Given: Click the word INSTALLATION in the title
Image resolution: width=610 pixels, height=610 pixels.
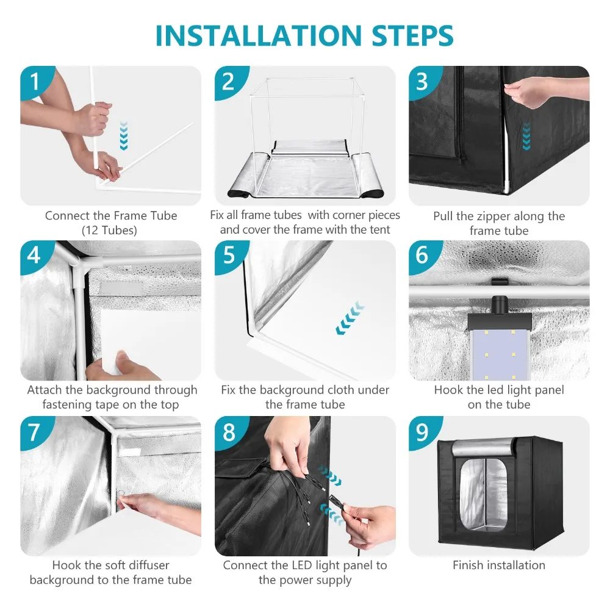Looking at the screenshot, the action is pos(259,36).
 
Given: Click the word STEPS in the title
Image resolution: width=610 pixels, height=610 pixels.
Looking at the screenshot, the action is pos(412,36).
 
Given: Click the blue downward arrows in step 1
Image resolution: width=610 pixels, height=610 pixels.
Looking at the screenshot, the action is pos(124,136).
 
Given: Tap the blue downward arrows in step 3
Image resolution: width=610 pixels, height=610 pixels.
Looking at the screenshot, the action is pos(526,136).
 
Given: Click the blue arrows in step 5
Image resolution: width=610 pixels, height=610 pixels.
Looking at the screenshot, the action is pos(350,318).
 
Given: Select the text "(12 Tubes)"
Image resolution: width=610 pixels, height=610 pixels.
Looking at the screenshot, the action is pos(109,231).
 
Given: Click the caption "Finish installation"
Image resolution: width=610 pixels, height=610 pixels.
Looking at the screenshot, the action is pos(499,565).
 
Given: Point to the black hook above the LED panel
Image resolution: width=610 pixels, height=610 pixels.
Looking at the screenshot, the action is pos(500,281).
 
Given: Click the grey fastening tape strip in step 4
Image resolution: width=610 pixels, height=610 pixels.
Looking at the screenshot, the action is pos(121,289).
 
